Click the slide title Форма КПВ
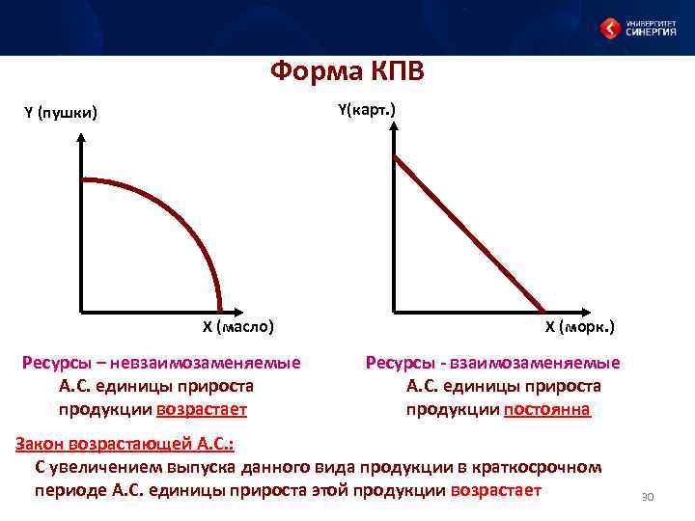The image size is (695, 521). (347, 72)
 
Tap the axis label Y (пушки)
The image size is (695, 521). (60, 114)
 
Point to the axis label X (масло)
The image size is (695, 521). (237, 326)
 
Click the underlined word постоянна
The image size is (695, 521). (547, 409)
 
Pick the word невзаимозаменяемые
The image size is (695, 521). (205, 363)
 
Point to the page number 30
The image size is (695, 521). (648, 497)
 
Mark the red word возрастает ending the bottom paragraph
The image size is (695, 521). (495, 490)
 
